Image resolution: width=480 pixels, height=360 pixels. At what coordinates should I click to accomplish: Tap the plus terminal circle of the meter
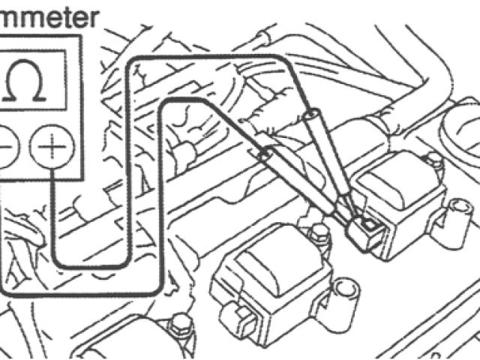pos(50,145)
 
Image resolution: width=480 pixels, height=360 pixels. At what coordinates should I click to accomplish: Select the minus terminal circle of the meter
pos(6,145)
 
